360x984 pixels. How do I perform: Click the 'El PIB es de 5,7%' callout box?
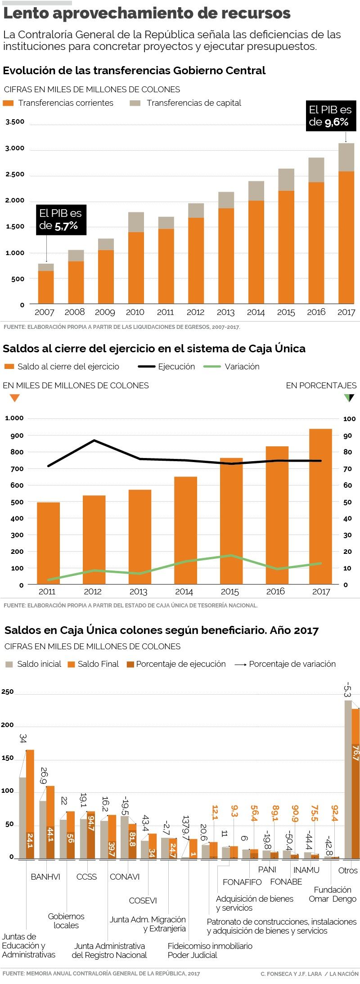point(61,220)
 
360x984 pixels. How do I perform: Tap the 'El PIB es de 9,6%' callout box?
point(330,116)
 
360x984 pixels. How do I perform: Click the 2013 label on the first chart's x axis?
point(225,312)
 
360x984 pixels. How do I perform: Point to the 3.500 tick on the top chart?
point(15,122)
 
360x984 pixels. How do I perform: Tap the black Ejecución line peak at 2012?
point(94,440)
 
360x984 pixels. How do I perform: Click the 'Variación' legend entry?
point(242,367)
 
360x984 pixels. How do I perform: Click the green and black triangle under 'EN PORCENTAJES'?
point(349,398)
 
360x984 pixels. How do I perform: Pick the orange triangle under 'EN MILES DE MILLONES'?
point(14,398)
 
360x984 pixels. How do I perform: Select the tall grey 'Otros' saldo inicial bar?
point(348,779)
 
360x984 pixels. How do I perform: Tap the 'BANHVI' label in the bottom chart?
point(45,876)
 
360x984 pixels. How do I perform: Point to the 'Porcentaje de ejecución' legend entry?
point(180,664)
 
